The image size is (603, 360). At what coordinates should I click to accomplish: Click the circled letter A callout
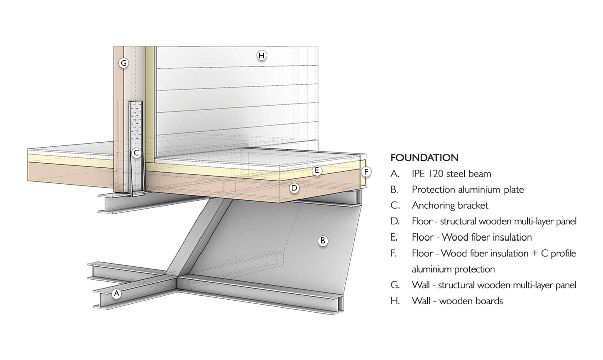pyautogui.click(x=117, y=293)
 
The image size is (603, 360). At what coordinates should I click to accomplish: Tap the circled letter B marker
pyautogui.click(x=323, y=241)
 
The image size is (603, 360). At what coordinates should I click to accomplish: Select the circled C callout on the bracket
pyautogui.click(x=136, y=152)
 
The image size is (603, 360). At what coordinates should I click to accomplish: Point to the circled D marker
pyautogui.click(x=295, y=188)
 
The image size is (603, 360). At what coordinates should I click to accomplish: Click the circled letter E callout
pyautogui.click(x=317, y=171)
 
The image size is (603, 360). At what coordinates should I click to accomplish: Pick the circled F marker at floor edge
pyautogui.click(x=367, y=172)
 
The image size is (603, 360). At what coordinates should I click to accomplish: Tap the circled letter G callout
pyautogui.click(x=123, y=63)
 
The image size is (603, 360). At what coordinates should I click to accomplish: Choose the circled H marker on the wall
pyautogui.click(x=261, y=55)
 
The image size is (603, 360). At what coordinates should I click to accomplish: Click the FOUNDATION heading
pyautogui.click(x=424, y=158)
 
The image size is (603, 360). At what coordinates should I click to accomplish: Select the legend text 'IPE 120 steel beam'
pyautogui.click(x=451, y=174)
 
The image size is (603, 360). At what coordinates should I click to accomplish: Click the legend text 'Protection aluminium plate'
pyautogui.click(x=467, y=190)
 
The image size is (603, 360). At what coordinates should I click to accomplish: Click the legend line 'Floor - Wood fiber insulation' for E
pyautogui.click(x=471, y=237)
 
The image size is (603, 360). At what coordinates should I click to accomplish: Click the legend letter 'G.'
pyautogui.click(x=395, y=285)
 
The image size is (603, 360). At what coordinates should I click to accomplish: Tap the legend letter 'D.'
pyautogui.click(x=395, y=221)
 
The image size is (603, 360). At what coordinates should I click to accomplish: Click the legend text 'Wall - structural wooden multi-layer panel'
pyautogui.click(x=493, y=285)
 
